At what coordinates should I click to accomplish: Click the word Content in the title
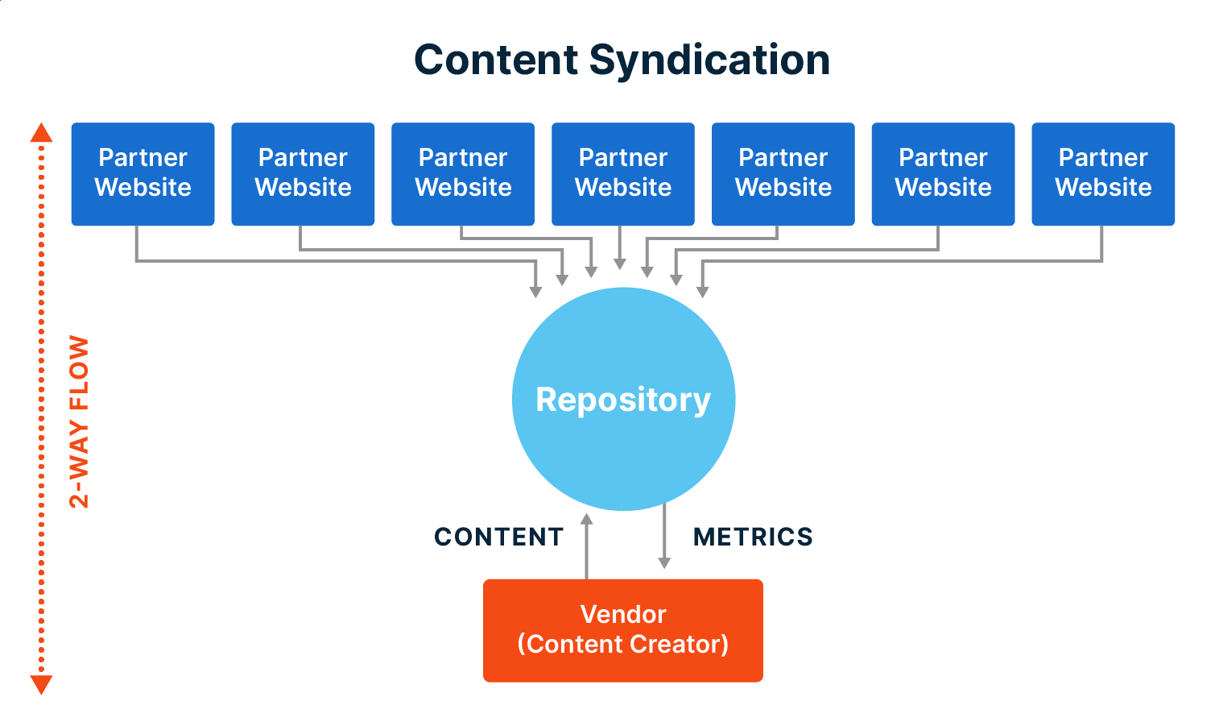pyautogui.click(x=496, y=60)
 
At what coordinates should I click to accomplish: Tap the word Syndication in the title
pyautogui.click(x=709, y=60)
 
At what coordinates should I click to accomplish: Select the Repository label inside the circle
pyautogui.click(x=623, y=400)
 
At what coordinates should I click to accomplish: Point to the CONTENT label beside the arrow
pyautogui.click(x=498, y=537)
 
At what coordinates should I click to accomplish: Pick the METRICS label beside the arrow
pyautogui.click(x=753, y=537)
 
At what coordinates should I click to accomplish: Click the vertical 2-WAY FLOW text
pyautogui.click(x=79, y=421)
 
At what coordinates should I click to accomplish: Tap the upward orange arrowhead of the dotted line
pyautogui.click(x=41, y=133)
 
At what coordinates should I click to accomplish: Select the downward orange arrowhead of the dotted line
pyautogui.click(x=41, y=684)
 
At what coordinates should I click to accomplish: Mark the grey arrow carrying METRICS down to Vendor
pyautogui.click(x=664, y=537)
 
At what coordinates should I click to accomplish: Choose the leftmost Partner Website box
pyautogui.click(x=143, y=173)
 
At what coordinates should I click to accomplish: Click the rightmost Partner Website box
pyautogui.click(x=1102, y=173)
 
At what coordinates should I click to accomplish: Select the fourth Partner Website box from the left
pyautogui.click(x=622, y=173)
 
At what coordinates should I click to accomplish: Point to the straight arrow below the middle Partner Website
pyautogui.click(x=620, y=248)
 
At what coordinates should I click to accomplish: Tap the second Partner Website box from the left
pyautogui.click(x=303, y=173)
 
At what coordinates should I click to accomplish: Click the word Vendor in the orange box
pyautogui.click(x=622, y=614)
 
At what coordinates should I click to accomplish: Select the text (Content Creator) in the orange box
pyautogui.click(x=622, y=644)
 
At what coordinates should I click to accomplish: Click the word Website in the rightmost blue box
pyautogui.click(x=1103, y=188)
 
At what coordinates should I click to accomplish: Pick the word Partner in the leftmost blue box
pyautogui.click(x=143, y=158)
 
